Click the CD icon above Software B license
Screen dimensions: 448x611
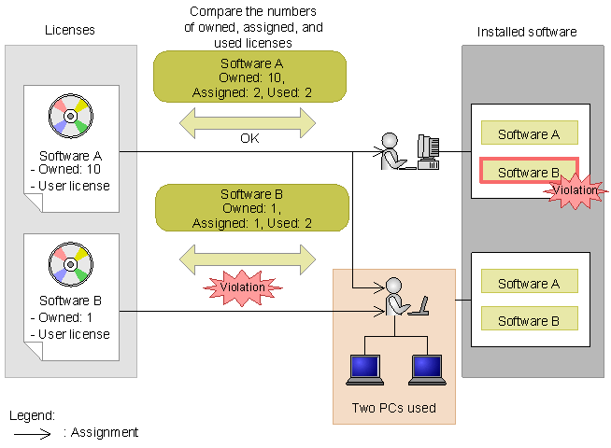pyautogui.click(x=71, y=264)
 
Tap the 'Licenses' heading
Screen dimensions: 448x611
pyautogui.click(x=70, y=32)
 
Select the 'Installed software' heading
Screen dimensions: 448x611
pyautogui.click(x=527, y=32)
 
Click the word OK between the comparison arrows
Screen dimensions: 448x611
pyautogui.click(x=249, y=138)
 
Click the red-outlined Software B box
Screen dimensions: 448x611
pyautogui.click(x=529, y=173)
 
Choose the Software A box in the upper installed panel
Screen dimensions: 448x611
pyautogui.click(x=529, y=133)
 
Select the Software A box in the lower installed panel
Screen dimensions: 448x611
pyautogui.click(x=529, y=283)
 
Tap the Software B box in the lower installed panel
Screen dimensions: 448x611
pyautogui.click(x=529, y=320)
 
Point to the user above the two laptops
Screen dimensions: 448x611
pyautogui.click(x=396, y=298)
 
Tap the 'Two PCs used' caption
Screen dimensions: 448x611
pyautogui.click(x=392, y=408)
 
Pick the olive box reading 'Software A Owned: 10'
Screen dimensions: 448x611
pyautogui.click(x=249, y=77)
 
